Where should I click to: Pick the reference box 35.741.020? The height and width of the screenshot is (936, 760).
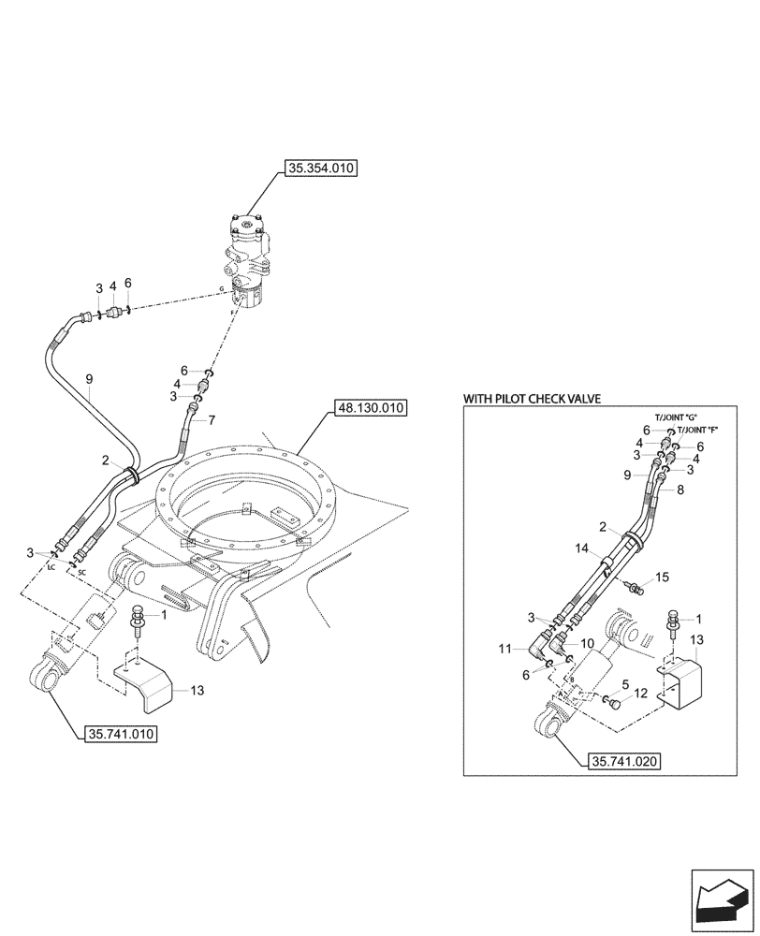coord(625,761)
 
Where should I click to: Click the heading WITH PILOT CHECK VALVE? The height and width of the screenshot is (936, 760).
coord(532,399)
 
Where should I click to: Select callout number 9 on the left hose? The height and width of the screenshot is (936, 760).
coord(89,379)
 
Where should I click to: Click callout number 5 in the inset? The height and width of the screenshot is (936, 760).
coord(624,684)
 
